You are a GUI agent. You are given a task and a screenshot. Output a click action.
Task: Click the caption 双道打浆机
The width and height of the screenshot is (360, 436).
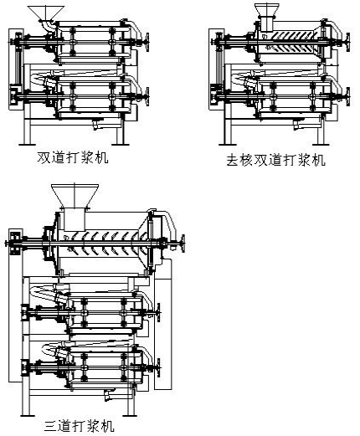pos(73,157)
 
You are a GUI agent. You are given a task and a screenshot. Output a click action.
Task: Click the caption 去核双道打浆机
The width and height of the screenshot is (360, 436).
pos(275,160)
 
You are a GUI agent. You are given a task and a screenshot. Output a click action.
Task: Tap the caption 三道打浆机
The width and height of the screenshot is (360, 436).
pos(80,426)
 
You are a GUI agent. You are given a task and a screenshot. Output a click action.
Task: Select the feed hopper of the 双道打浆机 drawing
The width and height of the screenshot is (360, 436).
pos(46,13)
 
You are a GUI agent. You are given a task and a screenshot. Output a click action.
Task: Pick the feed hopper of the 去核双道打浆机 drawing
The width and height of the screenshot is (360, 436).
pos(267,10)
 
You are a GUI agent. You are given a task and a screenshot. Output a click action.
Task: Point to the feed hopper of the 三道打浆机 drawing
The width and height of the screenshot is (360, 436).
pos(75,195)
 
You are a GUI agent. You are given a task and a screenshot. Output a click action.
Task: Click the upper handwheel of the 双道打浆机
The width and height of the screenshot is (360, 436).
pos(147,42)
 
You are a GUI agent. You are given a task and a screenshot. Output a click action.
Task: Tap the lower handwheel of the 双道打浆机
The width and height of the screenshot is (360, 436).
pos(147,96)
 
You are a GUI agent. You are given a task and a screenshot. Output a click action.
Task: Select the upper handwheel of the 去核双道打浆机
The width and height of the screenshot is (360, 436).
pos(347,42)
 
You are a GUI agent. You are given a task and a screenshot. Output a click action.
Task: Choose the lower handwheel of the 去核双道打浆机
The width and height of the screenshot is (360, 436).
pos(347,96)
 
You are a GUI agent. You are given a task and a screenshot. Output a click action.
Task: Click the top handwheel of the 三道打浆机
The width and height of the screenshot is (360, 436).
pos(183,244)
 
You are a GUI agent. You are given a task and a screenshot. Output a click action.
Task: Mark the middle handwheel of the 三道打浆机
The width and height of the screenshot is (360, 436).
pos(158,313)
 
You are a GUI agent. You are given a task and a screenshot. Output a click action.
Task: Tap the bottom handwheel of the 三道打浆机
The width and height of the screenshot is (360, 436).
pos(158,368)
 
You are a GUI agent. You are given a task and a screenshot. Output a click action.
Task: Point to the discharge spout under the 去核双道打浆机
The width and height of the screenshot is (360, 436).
pos(297,125)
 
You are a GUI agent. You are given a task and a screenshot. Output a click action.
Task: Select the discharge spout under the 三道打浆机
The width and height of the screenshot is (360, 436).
pos(108,395)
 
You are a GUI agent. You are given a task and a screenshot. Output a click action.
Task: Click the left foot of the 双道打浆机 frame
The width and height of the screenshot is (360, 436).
pos(27,144)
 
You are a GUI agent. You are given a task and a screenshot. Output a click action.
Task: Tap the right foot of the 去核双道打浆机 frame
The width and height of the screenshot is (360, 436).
pos(321,144)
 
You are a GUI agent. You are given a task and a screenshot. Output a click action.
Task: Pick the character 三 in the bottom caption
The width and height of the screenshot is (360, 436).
pos(51,426)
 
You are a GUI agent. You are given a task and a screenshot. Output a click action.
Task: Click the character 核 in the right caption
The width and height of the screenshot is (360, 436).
pos(246,161)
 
